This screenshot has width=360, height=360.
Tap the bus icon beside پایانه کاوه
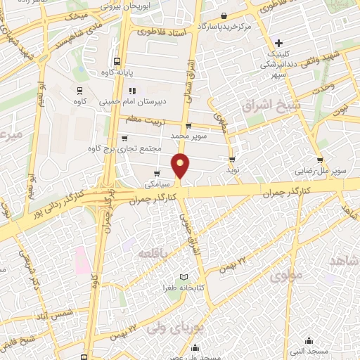117,60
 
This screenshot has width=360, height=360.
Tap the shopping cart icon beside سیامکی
157,174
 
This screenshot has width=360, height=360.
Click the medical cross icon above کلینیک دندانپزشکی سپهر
279,43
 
